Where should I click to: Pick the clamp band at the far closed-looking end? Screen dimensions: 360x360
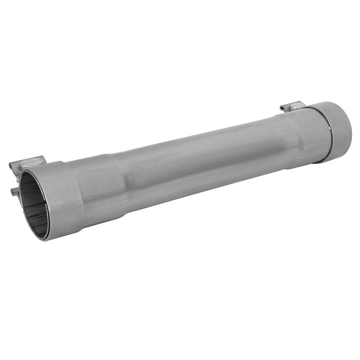(335, 130)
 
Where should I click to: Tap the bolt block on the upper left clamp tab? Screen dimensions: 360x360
(34, 160)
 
